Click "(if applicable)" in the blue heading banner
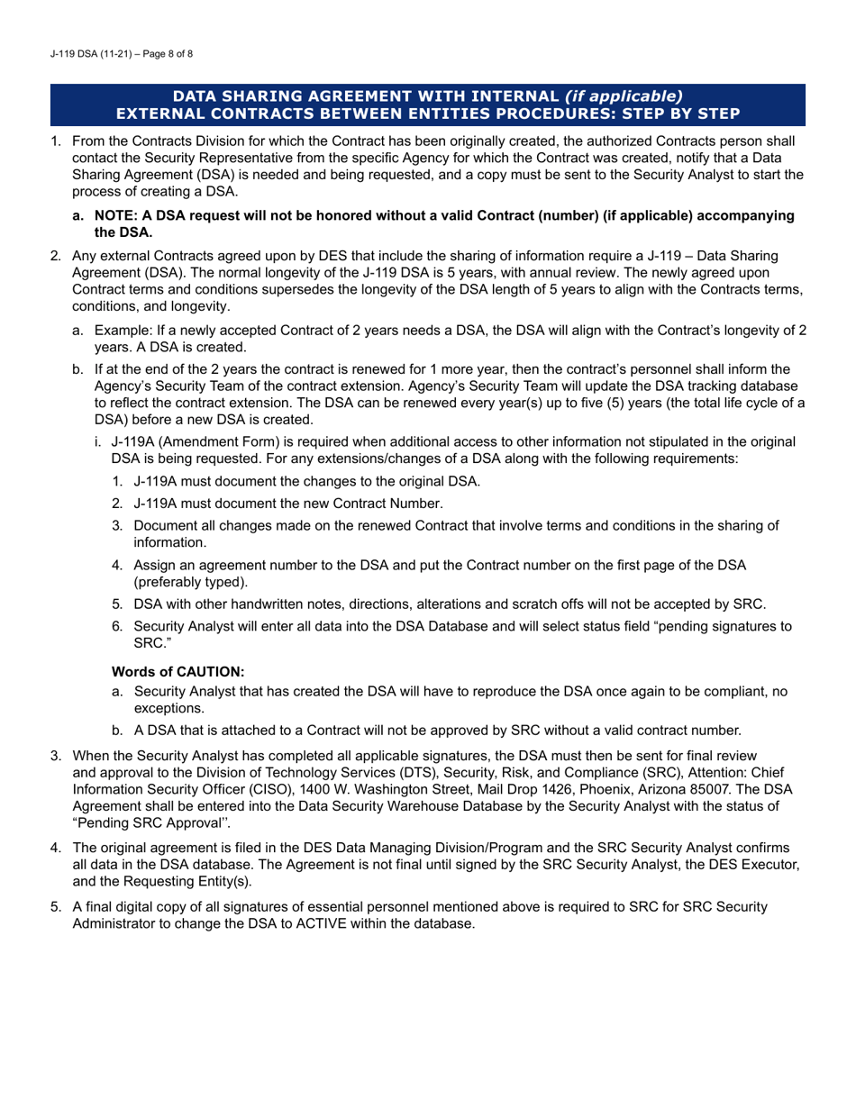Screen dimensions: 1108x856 623,96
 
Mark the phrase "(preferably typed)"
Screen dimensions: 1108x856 189,582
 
